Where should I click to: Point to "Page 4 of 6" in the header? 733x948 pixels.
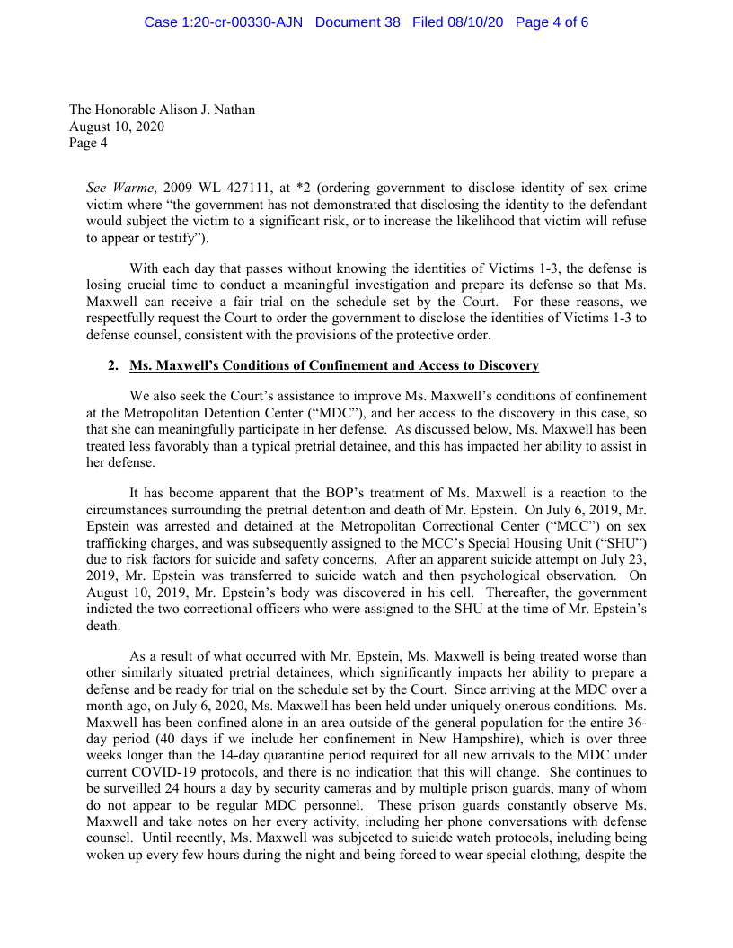(552, 22)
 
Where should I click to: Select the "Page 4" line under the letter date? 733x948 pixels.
(88, 142)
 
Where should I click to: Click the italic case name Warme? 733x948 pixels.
(131, 189)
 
